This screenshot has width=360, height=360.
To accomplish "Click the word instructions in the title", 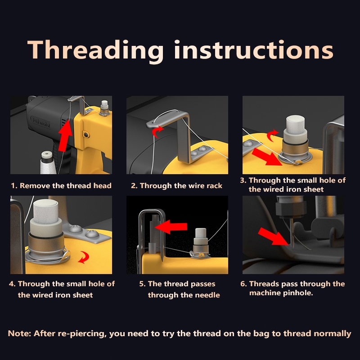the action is click(x=254, y=49).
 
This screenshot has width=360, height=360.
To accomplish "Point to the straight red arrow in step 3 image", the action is click(x=267, y=157).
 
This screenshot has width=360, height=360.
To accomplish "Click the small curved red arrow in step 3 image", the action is click(x=272, y=135).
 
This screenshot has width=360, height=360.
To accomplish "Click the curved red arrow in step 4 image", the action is click(x=84, y=257).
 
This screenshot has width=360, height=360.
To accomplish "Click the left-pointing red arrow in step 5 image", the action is click(x=171, y=227).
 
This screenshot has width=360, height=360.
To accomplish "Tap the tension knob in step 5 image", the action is click(x=201, y=243).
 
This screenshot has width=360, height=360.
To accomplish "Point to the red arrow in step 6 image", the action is click(x=273, y=237).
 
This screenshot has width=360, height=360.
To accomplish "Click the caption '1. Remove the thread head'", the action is click(x=61, y=185).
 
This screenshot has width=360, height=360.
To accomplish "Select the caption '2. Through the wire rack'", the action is click(x=176, y=185).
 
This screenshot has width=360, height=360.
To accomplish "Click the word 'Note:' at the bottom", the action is click(x=19, y=333).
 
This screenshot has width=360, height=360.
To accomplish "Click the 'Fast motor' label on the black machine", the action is click(x=41, y=122).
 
